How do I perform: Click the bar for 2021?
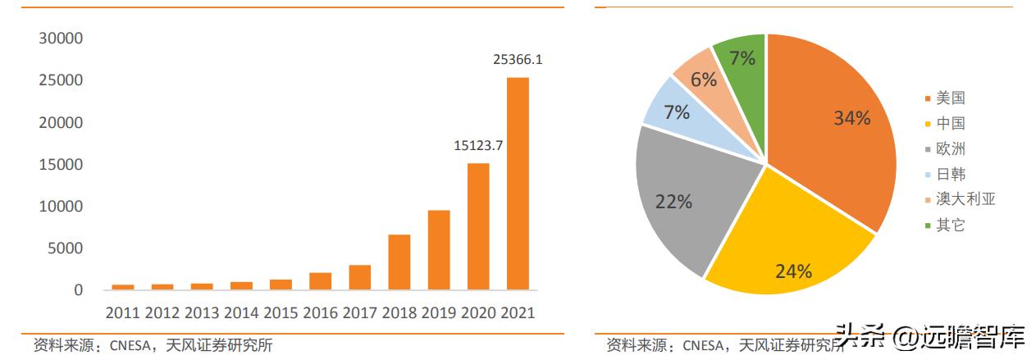click(518, 184)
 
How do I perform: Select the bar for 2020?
click(478, 226)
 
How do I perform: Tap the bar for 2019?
click(439, 250)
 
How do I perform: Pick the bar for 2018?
click(399, 262)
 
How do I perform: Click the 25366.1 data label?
click(518, 59)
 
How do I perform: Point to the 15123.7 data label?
click(478, 145)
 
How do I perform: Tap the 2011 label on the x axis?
click(123, 312)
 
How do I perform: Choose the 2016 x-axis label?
click(320, 312)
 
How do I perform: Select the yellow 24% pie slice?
click(787, 246)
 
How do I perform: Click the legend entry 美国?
click(950, 98)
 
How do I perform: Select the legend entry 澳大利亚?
click(965, 199)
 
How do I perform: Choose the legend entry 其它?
click(950, 225)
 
